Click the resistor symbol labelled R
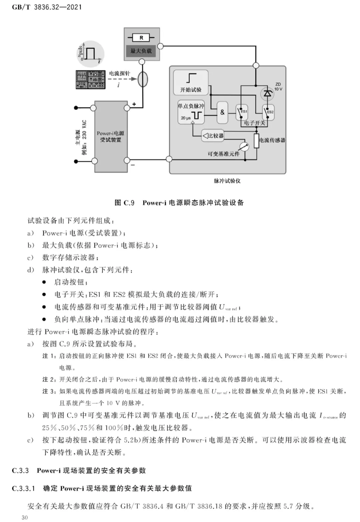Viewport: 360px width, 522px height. click(x=141, y=38)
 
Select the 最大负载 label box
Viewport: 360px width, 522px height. click(x=141, y=51)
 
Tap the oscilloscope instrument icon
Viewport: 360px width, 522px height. click(x=90, y=79)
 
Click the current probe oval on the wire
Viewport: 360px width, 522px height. click(x=143, y=79)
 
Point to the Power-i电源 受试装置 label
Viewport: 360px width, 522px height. click(x=110, y=137)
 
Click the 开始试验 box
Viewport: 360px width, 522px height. click(x=191, y=82)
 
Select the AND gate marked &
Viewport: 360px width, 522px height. click(x=222, y=112)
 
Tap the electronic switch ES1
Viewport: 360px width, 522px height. click(x=241, y=112)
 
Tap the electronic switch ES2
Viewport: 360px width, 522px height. click(x=268, y=112)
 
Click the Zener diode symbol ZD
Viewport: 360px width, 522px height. click(x=267, y=94)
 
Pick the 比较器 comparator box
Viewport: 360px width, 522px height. click(x=213, y=135)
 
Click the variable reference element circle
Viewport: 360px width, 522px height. click(x=244, y=147)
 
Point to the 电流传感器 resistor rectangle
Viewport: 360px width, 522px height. click(x=256, y=141)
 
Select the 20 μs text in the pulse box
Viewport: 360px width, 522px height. click(x=186, y=118)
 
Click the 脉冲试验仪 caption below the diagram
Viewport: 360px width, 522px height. click(x=227, y=181)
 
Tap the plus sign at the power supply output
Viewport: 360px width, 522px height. click(x=134, y=104)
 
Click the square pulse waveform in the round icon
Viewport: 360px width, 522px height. click(x=90, y=53)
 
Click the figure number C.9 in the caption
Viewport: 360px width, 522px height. click(x=129, y=203)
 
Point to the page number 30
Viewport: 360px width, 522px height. click(x=25, y=517)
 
